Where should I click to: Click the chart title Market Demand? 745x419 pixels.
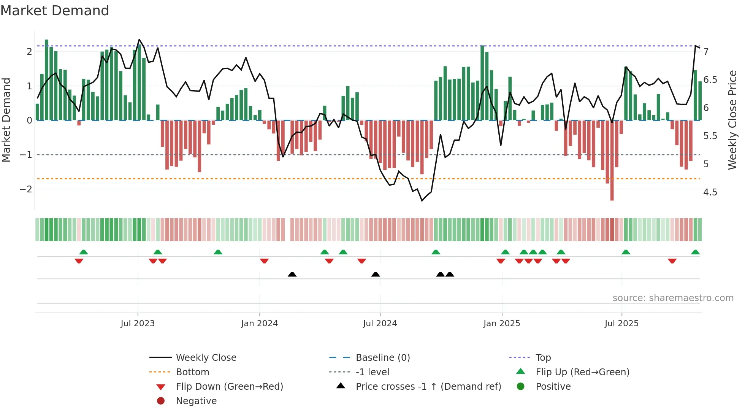point(55,11)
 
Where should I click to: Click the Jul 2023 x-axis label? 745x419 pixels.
point(138,324)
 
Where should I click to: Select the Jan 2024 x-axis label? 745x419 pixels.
point(259,324)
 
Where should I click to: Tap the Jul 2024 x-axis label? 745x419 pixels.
point(380,324)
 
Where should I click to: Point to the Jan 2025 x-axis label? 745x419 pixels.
point(502,324)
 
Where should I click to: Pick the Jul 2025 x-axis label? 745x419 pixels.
point(621,324)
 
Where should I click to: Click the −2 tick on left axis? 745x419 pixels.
point(26,189)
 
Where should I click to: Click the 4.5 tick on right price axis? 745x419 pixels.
point(710,192)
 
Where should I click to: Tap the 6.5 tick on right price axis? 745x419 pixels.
point(710,80)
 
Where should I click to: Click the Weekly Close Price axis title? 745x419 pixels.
point(732,120)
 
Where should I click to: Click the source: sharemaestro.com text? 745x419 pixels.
point(673,298)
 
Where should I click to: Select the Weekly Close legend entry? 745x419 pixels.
point(206,358)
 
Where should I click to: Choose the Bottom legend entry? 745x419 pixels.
point(192,372)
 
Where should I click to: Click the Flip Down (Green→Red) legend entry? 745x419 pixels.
point(229,387)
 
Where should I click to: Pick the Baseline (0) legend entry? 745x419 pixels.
point(383,358)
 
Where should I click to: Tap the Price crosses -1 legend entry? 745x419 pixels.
point(428,387)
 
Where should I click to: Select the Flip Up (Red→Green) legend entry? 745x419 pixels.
point(582,372)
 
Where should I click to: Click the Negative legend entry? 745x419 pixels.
point(196,401)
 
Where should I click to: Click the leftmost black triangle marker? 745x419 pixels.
point(292,275)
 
